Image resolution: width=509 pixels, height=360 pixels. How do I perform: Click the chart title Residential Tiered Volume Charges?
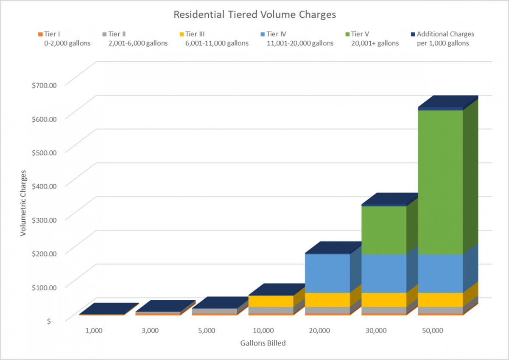coord(255,15)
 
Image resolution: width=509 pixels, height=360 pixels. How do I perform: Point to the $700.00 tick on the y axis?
coord(50,85)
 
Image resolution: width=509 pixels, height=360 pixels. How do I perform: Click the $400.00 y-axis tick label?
coord(50,186)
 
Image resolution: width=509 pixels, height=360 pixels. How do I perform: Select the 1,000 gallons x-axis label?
coord(94,331)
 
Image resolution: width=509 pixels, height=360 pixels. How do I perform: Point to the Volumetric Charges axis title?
coord(24,203)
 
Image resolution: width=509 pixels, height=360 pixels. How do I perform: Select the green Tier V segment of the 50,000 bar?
coord(440,183)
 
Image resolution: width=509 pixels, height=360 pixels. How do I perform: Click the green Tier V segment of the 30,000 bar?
coord(384,230)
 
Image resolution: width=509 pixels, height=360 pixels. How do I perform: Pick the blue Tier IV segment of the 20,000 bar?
coord(327,273)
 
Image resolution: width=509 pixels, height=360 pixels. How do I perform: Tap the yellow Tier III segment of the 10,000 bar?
coord(271,301)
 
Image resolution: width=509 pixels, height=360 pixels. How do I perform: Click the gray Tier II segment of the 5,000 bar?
coord(215,311)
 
